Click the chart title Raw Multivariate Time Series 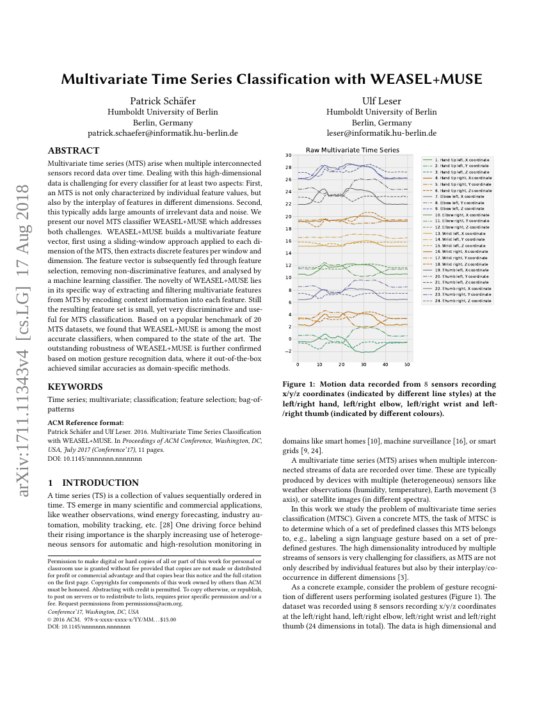(352, 150)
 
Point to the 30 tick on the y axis (289, 155)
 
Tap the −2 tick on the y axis (288, 351)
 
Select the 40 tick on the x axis (385, 364)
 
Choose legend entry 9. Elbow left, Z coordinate (460, 209)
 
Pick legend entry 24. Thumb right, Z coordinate (463, 301)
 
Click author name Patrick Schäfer (163, 100)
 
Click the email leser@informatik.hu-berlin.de (381, 133)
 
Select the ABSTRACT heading (74, 151)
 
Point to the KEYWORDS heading (75, 387)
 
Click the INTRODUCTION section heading (100, 483)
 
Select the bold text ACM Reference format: (86, 423)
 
